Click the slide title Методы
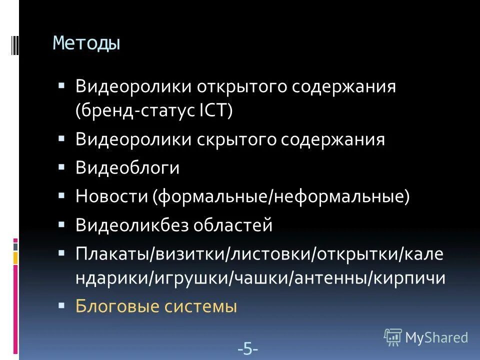(87, 43)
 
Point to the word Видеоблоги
(127, 168)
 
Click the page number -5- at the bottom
(248, 348)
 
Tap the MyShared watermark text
(437, 337)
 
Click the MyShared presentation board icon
(393, 337)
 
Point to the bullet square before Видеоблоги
(61, 166)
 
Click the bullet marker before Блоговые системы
(61, 303)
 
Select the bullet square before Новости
(61, 194)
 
